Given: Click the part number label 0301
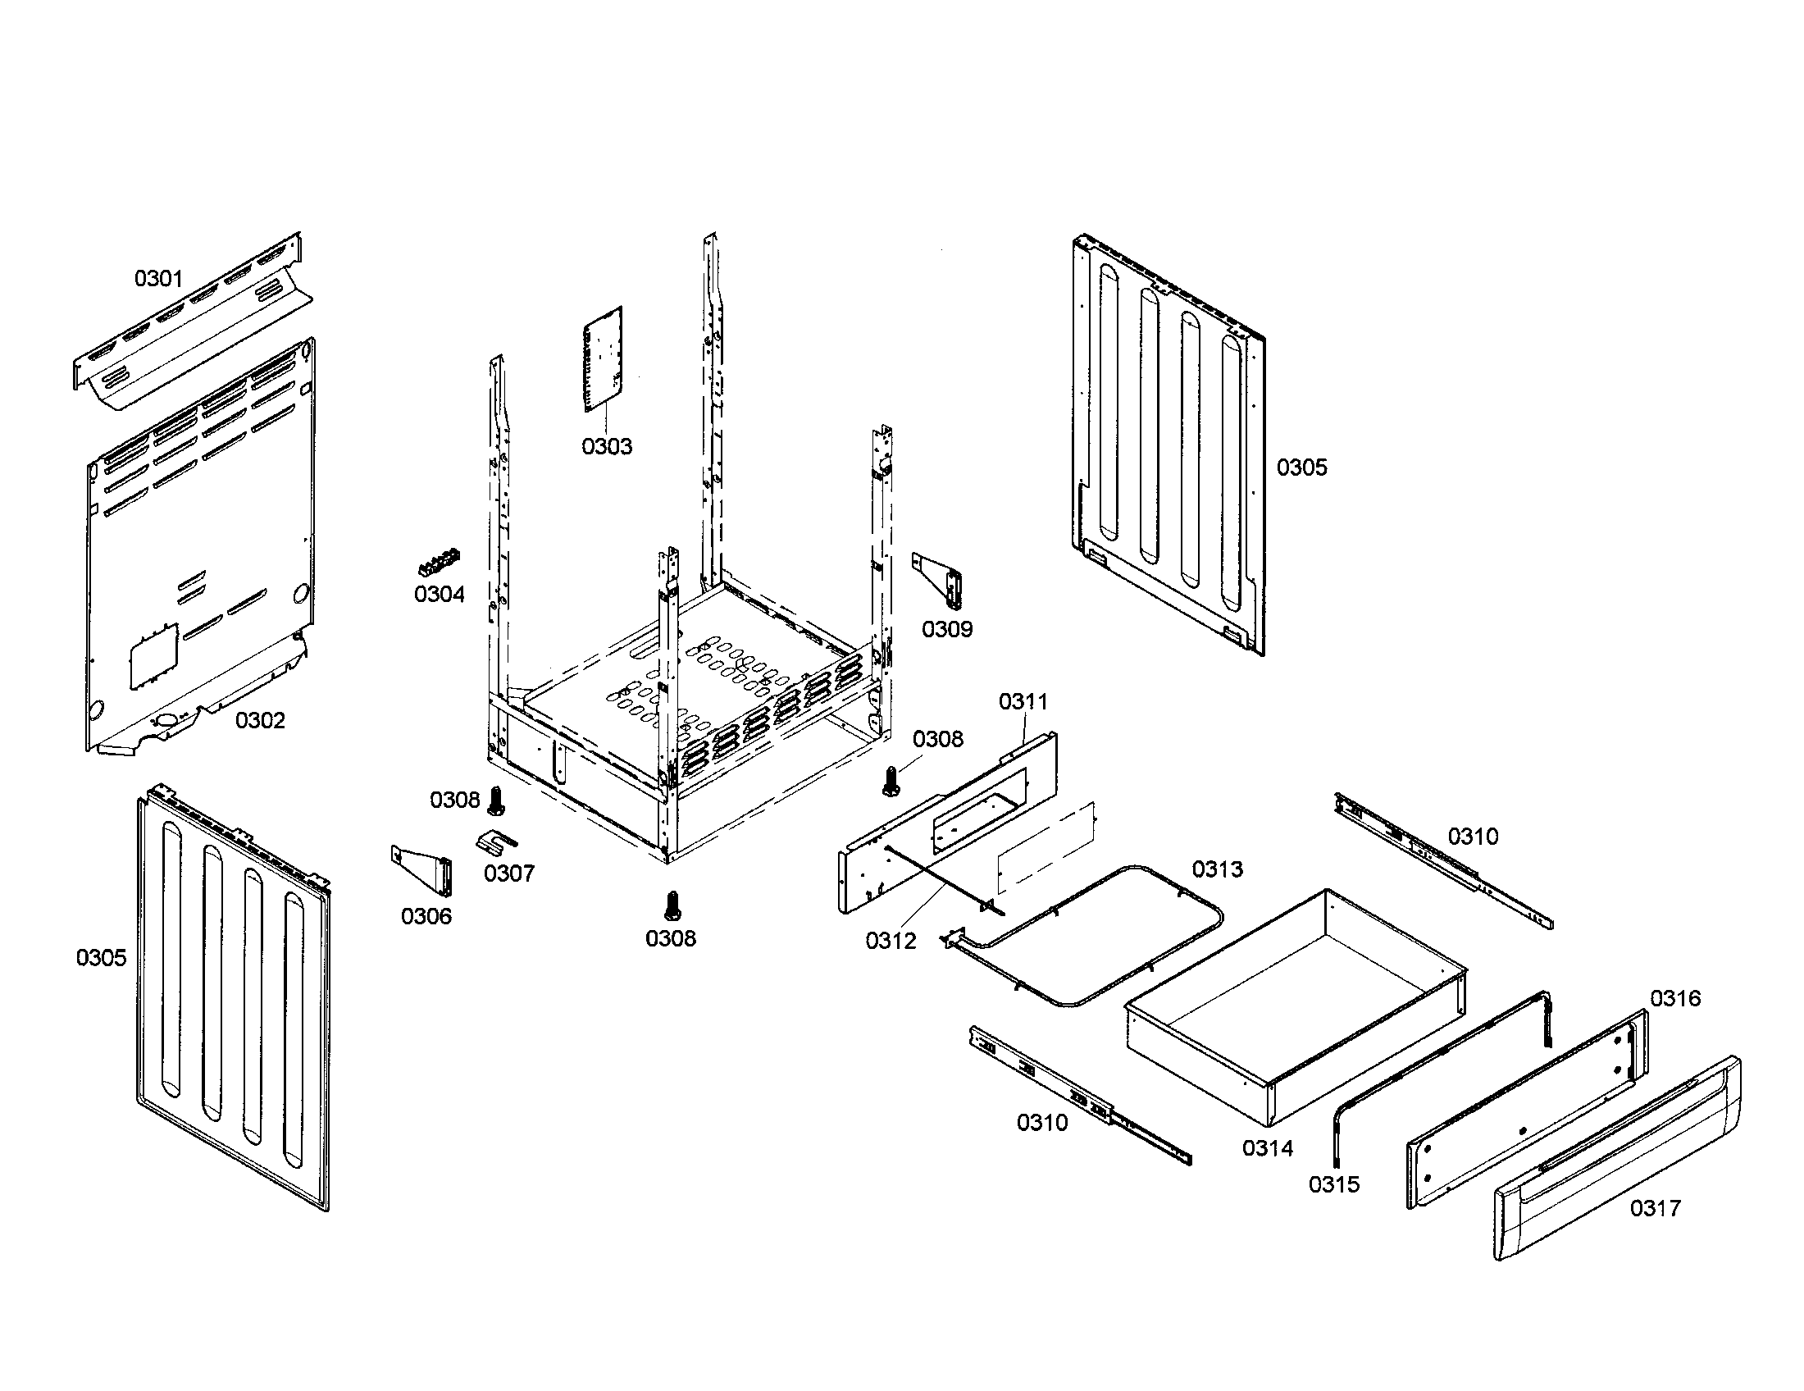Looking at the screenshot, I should pos(157,278).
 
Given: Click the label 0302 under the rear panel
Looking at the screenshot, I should pos(260,720).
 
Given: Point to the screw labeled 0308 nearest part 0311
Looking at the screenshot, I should pos(891,780).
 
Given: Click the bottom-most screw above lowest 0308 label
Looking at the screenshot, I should pos(672,905).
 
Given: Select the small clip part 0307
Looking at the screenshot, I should pos(495,841).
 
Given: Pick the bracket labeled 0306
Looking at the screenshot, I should pos(423,869).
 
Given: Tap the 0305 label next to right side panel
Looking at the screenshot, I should pos(1302,467).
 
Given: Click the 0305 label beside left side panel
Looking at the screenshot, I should pos(102,957).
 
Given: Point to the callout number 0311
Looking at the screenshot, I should pos(1023,701).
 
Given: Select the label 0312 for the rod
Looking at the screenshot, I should pos(891,941).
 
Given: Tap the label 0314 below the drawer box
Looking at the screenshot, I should pos(1268,1148).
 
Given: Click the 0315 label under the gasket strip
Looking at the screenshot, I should pos(1334,1184).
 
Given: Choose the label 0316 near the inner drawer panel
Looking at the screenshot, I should pos(1675,999).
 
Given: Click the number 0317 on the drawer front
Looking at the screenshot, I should pos(1655,1208).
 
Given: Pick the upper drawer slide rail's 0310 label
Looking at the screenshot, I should pos(1473,837).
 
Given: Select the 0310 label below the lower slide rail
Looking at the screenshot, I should pos(1042,1123).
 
